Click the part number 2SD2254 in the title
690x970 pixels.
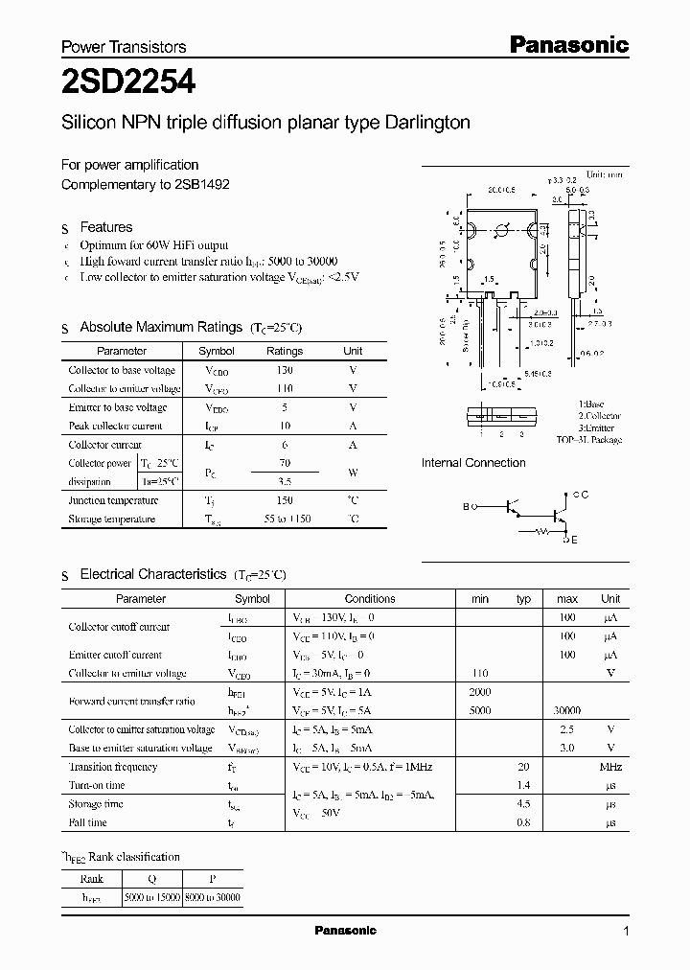[x=128, y=83]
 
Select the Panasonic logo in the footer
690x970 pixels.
[x=346, y=931]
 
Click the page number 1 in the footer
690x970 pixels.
[x=626, y=932]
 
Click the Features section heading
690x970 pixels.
[x=106, y=227]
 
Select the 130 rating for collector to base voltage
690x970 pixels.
[x=284, y=370]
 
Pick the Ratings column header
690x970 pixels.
[x=284, y=351]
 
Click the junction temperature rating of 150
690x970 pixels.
[x=284, y=500]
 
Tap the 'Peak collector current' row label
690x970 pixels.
[x=116, y=426]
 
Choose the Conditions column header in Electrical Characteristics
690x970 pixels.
[x=370, y=598]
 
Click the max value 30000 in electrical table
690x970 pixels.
[x=566, y=711]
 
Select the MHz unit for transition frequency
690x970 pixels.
[x=610, y=767]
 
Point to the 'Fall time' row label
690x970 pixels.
[x=88, y=822]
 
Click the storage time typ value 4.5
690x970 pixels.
[x=523, y=804]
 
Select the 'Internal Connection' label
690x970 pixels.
[x=473, y=463]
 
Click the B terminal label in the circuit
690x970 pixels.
[x=466, y=506]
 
